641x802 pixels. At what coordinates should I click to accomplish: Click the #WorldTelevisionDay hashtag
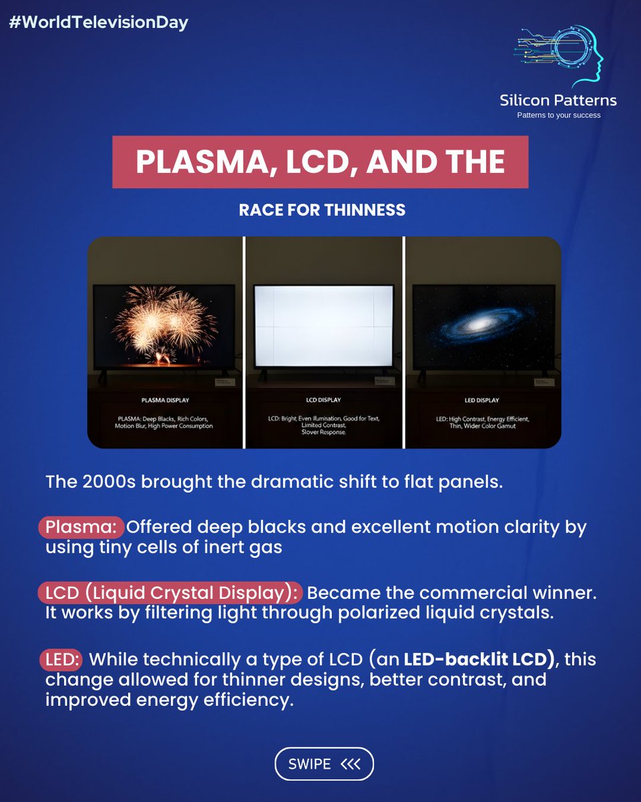click(98, 23)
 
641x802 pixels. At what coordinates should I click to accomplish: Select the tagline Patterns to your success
click(559, 115)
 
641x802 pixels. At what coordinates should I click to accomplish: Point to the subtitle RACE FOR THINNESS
click(322, 210)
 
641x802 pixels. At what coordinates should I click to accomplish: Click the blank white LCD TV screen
click(323, 325)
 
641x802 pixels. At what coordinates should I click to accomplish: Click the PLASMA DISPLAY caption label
click(165, 400)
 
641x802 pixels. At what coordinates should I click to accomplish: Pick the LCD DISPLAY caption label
click(323, 400)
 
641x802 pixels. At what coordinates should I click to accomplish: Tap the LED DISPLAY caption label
click(482, 400)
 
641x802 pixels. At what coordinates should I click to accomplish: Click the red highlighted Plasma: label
click(81, 527)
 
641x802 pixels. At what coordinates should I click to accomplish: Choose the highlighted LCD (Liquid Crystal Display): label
click(170, 593)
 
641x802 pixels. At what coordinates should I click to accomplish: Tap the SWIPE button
click(324, 764)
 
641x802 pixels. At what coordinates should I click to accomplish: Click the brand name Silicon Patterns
click(558, 100)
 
